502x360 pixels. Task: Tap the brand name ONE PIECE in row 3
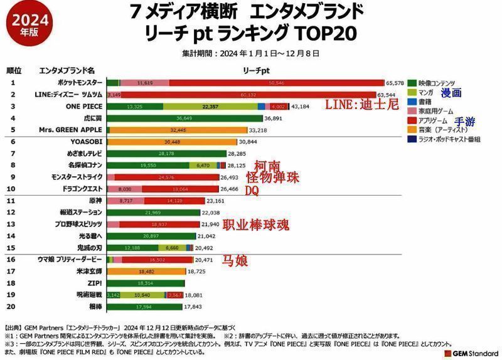pyautogui.click(x=83, y=106)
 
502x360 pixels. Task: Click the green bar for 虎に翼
pyautogui.click(x=185, y=118)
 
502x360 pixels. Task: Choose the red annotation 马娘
pyautogui.click(x=235, y=261)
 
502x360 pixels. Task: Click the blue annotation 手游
pyautogui.click(x=465, y=122)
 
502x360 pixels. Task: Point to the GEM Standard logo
pyautogui.click(x=471, y=353)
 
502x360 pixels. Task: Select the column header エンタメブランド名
pyautogui.click(x=67, y=70)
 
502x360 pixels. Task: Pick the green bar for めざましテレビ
pyautogui.click(x=168, y=154)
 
